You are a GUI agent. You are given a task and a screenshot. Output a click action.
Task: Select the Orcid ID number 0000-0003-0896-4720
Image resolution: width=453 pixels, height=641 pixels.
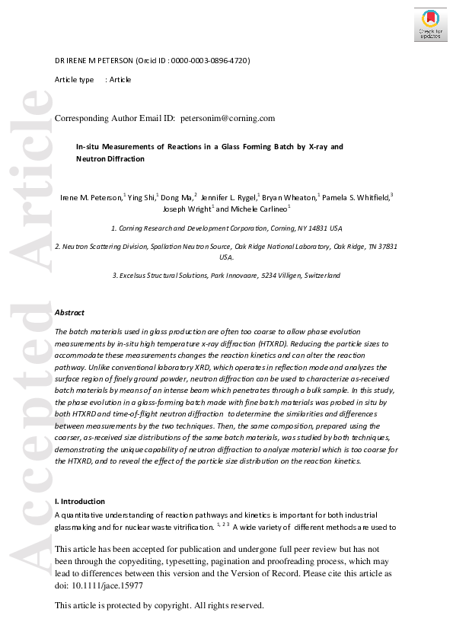pyautogui.click(x=210, y=60)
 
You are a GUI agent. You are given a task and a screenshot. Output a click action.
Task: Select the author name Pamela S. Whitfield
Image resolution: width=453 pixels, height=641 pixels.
pyautogui.click(x=356, y=197)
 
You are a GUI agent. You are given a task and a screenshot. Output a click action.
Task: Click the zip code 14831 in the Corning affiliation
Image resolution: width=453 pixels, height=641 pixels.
pyautogui.click(x=312, y=228)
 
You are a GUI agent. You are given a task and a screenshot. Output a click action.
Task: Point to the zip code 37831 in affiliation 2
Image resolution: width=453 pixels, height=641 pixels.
pyautogui.click(x=385, y=247)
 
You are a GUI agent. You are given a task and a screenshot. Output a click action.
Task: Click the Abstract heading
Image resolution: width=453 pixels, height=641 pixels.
pyautogui.click(x=70, y=312)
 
